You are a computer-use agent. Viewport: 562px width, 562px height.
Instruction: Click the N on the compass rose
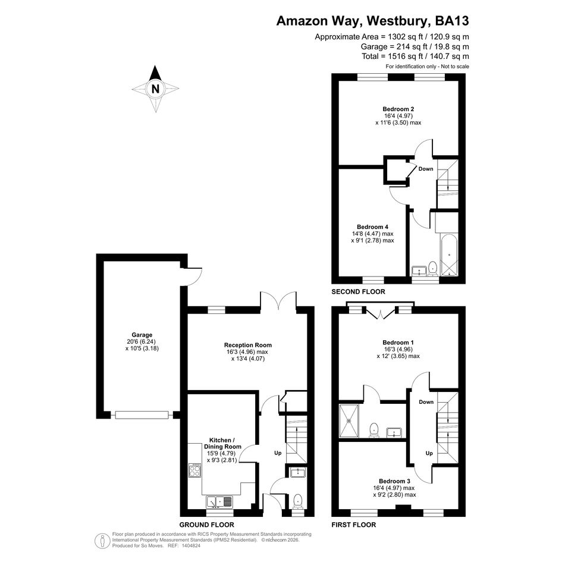(155, 89)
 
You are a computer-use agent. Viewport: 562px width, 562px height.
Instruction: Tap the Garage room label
(142, 335)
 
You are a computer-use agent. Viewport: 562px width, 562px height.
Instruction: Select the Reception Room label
(248, 345)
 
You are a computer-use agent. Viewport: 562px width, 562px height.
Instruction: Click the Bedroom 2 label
(398, 109)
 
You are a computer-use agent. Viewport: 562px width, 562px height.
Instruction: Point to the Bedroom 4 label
(372, 227)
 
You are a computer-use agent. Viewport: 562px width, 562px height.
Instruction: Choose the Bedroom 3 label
(395, 481)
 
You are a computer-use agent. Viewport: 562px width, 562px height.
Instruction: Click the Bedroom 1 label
(398, 343)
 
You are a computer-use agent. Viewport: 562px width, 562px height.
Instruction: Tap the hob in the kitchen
(195, 470)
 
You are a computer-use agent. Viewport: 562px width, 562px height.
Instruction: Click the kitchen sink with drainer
(219, 501)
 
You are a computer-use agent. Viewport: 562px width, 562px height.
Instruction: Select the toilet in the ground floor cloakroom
(298, 501)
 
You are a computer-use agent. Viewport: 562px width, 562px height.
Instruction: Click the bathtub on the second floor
(449, 255)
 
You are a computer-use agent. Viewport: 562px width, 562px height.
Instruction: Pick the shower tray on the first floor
(348, 421)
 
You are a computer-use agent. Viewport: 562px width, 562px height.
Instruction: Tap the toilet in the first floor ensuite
(374, 430)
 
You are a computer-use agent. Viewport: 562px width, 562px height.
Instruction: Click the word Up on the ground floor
(278, 453)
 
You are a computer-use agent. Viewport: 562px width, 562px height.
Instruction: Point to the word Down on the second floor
(426, 169)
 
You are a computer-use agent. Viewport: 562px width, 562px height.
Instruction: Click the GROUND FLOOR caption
(207, 525)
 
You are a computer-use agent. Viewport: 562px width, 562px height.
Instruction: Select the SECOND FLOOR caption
(359, 292)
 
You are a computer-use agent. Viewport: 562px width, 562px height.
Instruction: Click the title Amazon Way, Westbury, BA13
(372, 21)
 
